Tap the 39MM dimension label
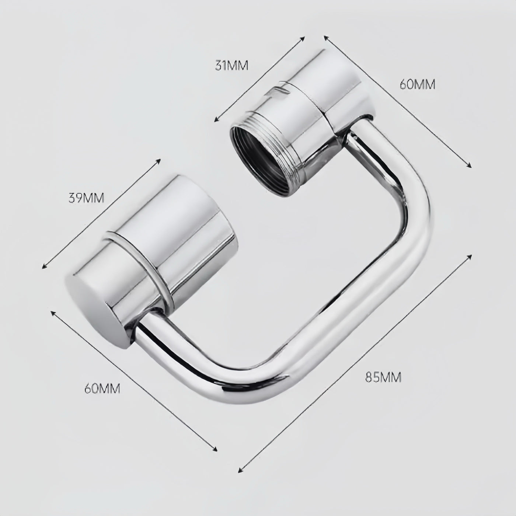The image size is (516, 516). (x=87, y=198)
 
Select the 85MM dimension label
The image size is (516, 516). (x=383, y=377)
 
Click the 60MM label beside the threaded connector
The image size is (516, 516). (x=417, y=84)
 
